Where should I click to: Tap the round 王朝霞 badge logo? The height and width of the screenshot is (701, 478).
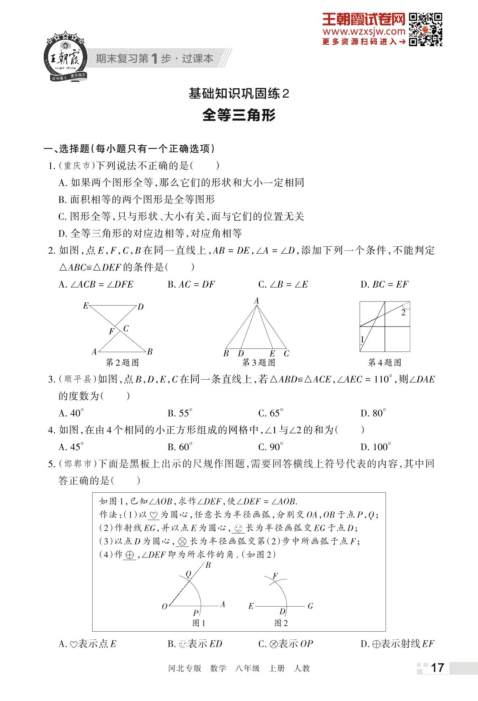coord(65,57)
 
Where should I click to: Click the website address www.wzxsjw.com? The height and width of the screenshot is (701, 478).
coord(363,32)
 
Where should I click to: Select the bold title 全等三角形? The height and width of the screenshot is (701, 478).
coord(239,115)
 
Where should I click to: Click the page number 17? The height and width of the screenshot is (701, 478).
coord(437,668)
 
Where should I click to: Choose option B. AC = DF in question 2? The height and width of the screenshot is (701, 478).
coord(191,284)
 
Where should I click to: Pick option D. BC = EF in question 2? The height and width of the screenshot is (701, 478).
coord(384,284)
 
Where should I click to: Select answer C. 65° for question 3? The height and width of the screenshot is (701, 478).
coord(270,413)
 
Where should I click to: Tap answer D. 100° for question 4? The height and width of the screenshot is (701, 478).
coord(376,447)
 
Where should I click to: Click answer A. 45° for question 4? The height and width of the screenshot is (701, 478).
coord(71,447)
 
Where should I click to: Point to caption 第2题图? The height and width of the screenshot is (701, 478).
coord(122,362)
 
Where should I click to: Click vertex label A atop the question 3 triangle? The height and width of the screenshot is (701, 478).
coord(256,301)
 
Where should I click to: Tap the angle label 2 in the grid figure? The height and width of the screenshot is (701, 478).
coord(403,312)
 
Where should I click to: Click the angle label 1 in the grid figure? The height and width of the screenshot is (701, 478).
coord(362,339)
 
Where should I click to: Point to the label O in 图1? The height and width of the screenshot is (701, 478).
coord(164,607)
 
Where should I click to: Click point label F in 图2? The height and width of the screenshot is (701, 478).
coord(275,576)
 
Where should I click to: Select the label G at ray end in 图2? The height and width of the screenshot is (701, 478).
coord(310,606)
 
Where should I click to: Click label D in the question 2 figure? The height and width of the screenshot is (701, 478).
coord(141,307)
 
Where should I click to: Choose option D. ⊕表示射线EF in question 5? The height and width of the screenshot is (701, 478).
coord(397,644)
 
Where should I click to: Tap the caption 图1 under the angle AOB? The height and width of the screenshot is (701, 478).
coord(199,623)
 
